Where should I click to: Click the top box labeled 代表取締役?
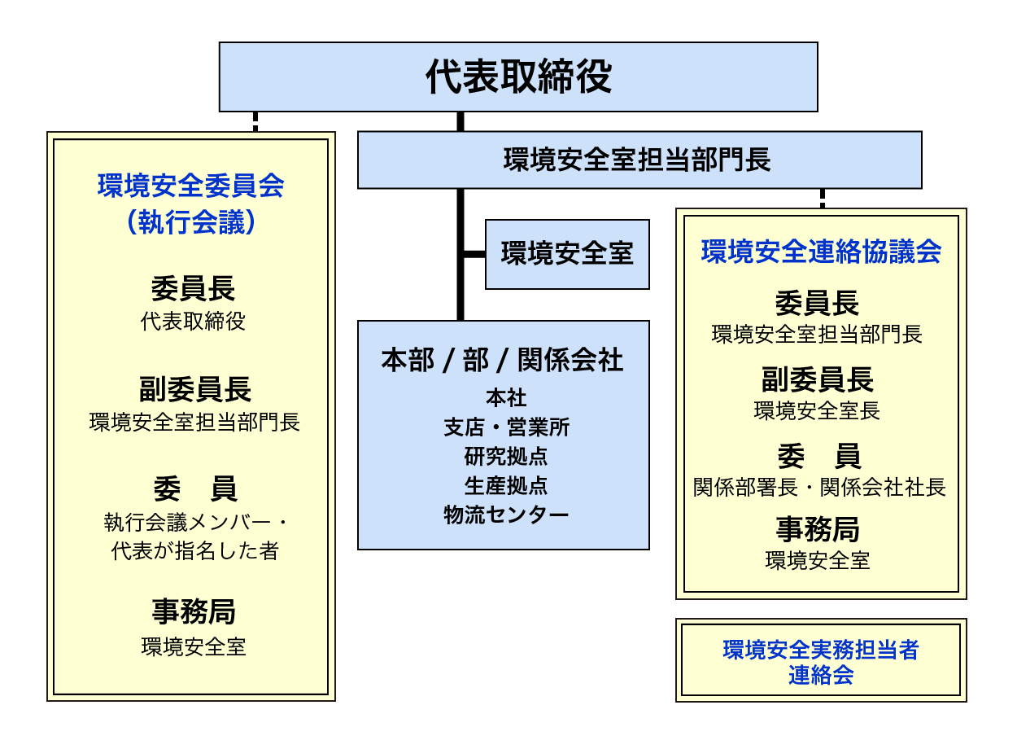pyautogui.click(x=518, y=77)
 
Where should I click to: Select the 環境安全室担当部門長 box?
pyautogui.click(x=639, y=160)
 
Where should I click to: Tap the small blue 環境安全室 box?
pyautogui.click(x=568, y=254)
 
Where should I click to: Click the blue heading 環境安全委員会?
pyautogui.click(x=190, y=186)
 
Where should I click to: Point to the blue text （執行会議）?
pyautogui.click(x=190, y=222)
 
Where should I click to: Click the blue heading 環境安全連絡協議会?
pyautogui.click(x=821, y=252)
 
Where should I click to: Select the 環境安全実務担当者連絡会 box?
pyautogui.click(x=821, y=660)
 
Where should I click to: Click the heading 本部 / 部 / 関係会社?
pyautogui.click(x=503, y=360)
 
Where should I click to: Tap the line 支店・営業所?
pyautogui.click(x=506, y=427)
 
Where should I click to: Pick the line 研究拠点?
pyautogui.click(x=506, y=457)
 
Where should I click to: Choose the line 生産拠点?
pyautogui.click(x=506, y=486)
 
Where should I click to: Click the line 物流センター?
pyautogui.click(x=506, y=515)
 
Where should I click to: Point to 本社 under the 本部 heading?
pyautogui.click(x=506, y=398)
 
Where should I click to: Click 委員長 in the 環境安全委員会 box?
pyautogui.click(x=193, y=289)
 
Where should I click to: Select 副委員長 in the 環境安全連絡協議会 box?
pyautogui.click(x=818, y=380)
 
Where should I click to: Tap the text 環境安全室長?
pyautogui.click(x=817, y=411)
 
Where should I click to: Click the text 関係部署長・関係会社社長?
pyautogui.click(x=820, y=488)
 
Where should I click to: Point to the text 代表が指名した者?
pyautogui.click(x=194, y=551)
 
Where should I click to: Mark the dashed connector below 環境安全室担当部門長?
pyautogui.click(x=823, y=199)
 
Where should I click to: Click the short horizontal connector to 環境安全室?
pyautogui.click(x=475, y=254)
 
